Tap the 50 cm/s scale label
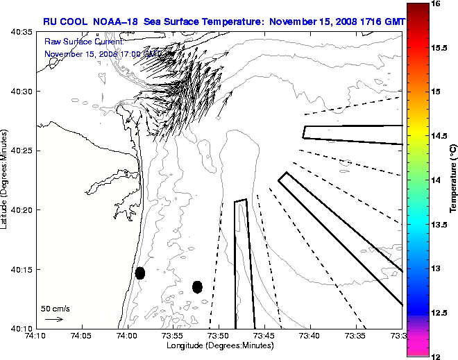pyautogui.click(x=55, y=308)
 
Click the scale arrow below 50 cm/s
pyautogui.click(x=54, y=319)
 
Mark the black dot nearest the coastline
pyautogui.click(x=140, y=273)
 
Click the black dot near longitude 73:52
pyautogui.click(x=197, y=286)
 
